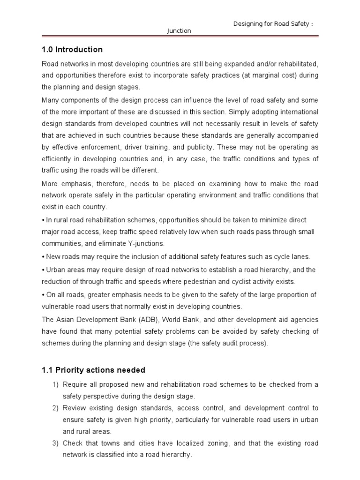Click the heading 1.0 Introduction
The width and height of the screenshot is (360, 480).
coord(72,50)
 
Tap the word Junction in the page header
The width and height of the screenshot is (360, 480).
coord(180,31)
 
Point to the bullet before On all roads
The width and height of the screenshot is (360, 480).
coord(43,295)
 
